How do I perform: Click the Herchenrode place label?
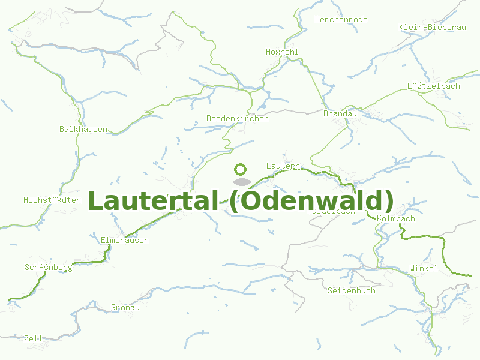341,20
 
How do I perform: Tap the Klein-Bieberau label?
432,28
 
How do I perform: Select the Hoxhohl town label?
282,52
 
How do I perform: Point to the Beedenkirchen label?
237,119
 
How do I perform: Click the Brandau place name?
340,114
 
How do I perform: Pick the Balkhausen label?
83,130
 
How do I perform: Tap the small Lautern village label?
283,166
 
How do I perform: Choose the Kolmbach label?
396,219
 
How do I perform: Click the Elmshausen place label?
124,241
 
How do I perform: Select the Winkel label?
423,269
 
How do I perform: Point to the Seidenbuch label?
351,291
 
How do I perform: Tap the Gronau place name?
125,308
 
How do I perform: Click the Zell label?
33,339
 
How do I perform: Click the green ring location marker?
241,169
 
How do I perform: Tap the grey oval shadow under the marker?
241,181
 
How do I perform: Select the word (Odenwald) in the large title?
311,201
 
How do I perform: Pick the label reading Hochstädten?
52,200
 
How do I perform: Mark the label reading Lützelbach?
433,86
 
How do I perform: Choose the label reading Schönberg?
48,268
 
